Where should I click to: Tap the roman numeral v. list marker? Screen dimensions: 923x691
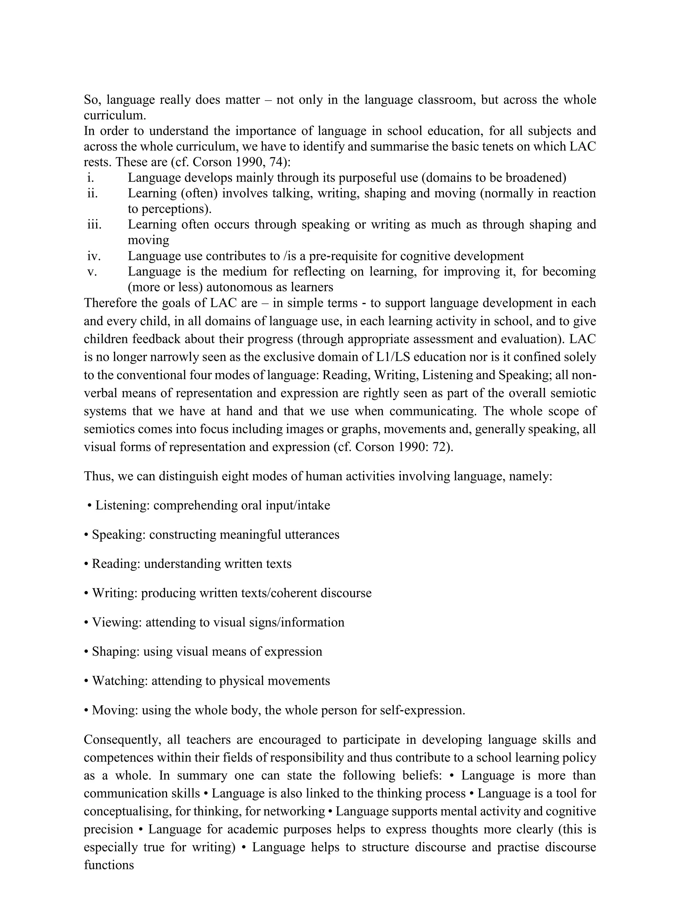[92, 272]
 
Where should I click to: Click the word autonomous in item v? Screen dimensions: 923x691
[242, 287]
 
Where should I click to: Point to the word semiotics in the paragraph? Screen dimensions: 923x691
[109, 429]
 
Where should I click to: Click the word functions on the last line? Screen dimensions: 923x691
[109, 865]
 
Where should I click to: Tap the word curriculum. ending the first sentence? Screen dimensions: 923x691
[115, 115]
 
